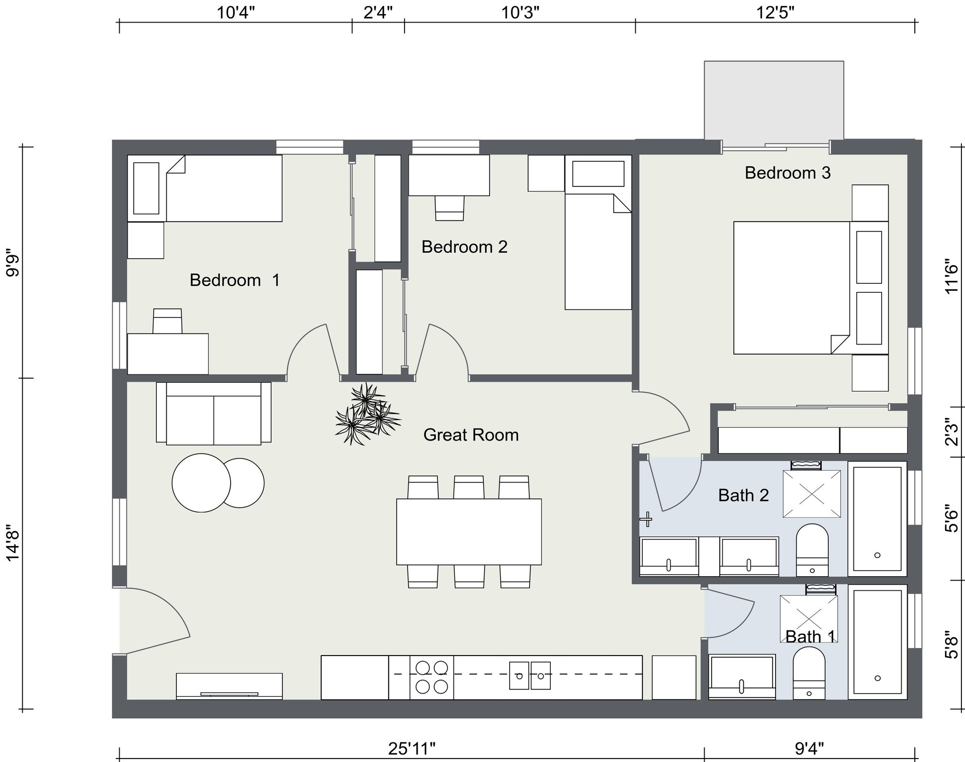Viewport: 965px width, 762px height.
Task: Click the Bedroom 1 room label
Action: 234,280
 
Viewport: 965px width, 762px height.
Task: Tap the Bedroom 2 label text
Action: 464,247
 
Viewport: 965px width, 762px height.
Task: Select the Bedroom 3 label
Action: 788,173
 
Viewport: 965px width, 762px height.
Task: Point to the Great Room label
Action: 471,434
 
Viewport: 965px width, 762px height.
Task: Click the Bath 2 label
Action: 743,495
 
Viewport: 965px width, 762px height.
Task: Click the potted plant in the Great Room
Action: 368,414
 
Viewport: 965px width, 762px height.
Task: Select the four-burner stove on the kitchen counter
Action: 432,677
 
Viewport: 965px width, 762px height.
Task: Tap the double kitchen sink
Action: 530,676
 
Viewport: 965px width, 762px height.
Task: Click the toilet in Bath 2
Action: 812,550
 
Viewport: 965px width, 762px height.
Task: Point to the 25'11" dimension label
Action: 412,748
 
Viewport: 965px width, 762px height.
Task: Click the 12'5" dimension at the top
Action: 776,12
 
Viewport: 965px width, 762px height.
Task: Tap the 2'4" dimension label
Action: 378,12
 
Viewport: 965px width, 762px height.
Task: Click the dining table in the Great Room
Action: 469,531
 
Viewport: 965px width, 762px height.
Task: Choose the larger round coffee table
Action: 201,483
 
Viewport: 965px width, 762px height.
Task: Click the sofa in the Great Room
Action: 214,413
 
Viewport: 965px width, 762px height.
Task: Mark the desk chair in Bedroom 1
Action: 167,321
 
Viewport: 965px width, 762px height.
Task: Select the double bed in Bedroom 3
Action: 811,288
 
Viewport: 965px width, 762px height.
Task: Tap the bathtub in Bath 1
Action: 878,642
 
